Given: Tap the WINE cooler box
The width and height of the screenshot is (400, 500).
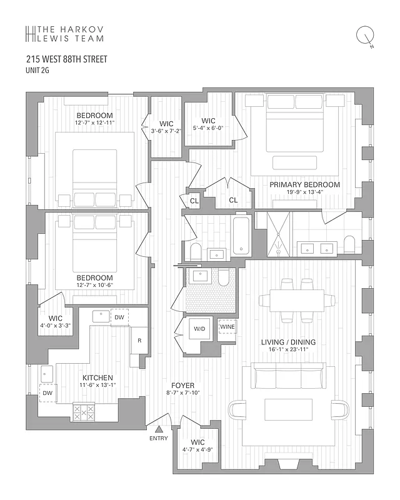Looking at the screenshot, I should click(227, 326).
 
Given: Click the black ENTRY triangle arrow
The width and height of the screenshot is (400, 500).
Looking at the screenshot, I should click(159, 429).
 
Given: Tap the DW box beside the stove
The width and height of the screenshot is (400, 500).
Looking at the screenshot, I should click(47, 392).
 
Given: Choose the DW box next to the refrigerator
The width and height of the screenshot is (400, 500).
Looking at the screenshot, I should click(120, 317).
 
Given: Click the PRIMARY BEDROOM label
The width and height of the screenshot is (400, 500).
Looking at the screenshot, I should click(304, 184).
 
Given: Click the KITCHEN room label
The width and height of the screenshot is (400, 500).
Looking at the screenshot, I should click(97, 377).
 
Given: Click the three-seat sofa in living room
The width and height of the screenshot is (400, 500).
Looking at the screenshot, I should click(284, 378).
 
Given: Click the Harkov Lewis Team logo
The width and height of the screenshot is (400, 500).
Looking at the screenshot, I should click(62, 33).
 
